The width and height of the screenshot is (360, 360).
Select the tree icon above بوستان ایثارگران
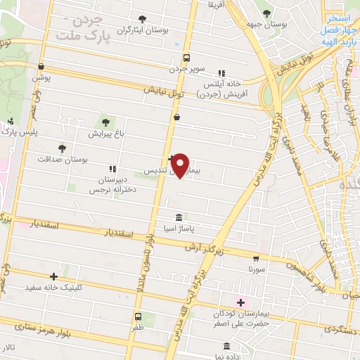pos(143,19)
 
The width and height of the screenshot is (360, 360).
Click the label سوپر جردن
pos(186,70)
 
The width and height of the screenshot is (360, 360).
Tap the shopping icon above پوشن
pos(41,65)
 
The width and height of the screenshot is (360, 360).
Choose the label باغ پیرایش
pos(105,132)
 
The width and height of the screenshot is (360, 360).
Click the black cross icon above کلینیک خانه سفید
pos(54,277)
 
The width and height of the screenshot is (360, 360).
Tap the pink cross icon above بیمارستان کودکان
pos(240,302)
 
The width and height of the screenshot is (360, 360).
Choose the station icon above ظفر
pos(138,316)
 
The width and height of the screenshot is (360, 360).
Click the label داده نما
pos(226,357)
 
